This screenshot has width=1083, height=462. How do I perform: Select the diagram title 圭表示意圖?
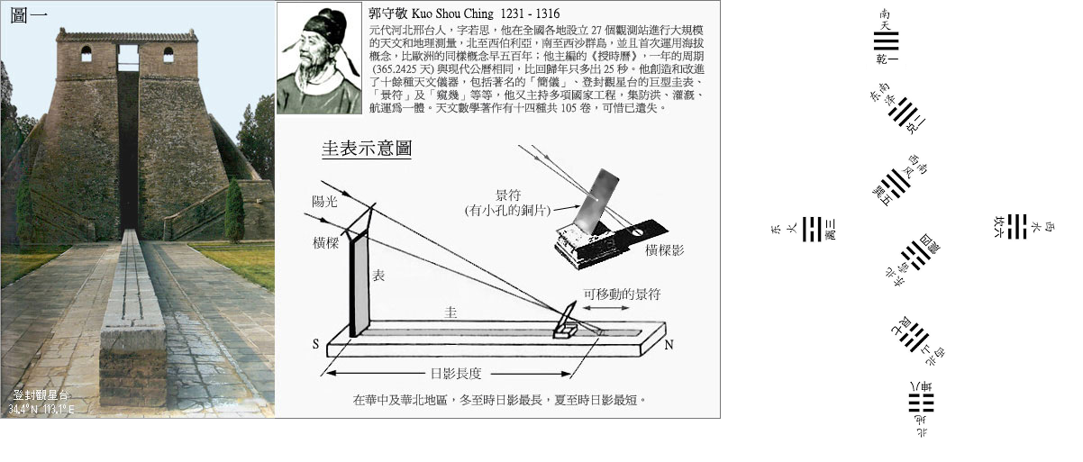click(367, 149)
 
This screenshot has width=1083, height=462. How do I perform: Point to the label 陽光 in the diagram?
click(323, 203)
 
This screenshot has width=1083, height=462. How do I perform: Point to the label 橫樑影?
click(665, 250)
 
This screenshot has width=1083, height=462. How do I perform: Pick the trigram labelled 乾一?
click(887, 41)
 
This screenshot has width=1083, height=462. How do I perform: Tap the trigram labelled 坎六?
click(1017, 226)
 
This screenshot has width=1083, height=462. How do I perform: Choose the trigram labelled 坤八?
click(921, 402)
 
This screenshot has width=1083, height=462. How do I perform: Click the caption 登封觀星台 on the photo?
click(40, 395)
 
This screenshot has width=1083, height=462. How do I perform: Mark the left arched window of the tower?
click(86, 54)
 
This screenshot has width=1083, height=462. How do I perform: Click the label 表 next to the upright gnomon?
click(378, 277)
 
